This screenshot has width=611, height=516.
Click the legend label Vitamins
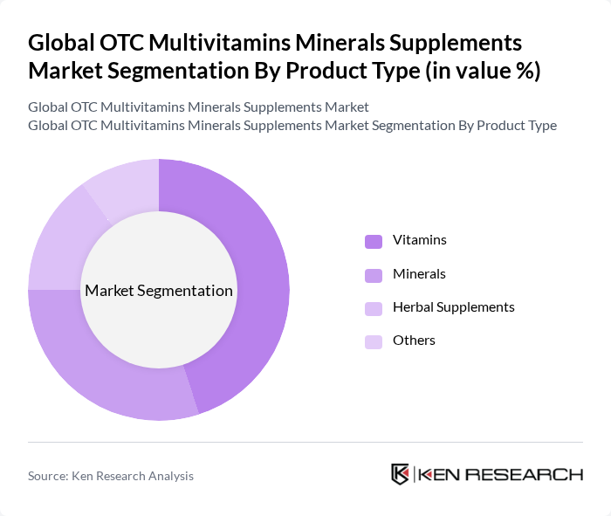[x=419, y=240]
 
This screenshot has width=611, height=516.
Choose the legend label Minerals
[x=419, y=274]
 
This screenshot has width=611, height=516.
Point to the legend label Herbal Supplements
[x=453, y=307]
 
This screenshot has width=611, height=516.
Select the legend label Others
[x=414, y=341]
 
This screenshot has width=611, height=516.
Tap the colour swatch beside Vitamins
[x=374, y=241]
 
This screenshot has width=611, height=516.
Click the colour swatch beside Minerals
[x=374, y=275]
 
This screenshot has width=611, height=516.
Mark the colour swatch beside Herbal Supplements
[x=374, y=308]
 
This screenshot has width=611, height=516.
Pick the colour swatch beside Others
[x=374, y=341]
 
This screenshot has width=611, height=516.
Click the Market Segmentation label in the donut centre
[x=159, y=291]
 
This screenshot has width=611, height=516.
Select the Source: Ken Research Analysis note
[x=111, y=476]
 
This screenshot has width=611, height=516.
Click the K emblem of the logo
[x=401, y=474]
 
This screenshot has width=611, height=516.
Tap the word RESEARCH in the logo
[x=532, y=475]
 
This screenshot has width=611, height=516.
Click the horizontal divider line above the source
[x=305, y=442]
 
